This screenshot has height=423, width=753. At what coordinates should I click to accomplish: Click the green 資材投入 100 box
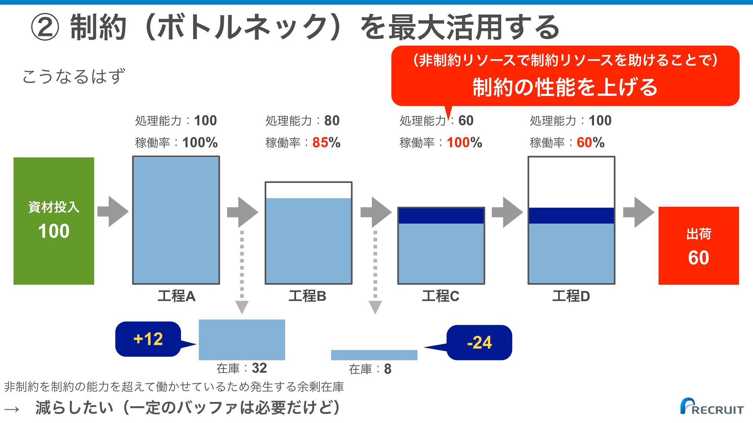coord(54,221)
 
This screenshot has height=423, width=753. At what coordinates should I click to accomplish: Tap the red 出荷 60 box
coord(698,246)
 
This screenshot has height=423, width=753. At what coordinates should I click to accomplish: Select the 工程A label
coord(176,296)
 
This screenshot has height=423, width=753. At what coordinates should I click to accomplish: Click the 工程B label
coord(307,296)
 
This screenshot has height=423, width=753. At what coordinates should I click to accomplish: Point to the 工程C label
coord(440,296)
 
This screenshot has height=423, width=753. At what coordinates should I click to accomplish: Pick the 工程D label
coord(571,296)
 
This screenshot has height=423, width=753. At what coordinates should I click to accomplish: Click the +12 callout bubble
coord(148,339)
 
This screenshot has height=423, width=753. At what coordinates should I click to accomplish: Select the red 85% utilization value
coord(326,143)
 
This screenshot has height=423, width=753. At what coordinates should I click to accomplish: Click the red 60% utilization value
coord(591,143)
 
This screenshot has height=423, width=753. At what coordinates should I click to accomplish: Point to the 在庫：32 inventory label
coord(242,368)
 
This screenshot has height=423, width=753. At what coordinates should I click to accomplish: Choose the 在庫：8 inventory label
coord(370,369)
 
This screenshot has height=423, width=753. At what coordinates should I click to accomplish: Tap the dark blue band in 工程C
coord(441,216)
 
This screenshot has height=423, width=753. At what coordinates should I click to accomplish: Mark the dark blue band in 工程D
coord(571,216)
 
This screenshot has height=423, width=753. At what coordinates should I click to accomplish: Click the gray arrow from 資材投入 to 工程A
coord(113,211)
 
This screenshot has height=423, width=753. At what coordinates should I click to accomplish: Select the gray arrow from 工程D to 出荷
coord(639,212)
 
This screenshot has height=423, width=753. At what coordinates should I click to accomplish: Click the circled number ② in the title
coord(45,28)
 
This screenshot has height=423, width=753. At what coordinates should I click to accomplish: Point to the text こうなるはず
coord(74,76)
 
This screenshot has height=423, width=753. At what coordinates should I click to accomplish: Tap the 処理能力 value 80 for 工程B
coord(332,121)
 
